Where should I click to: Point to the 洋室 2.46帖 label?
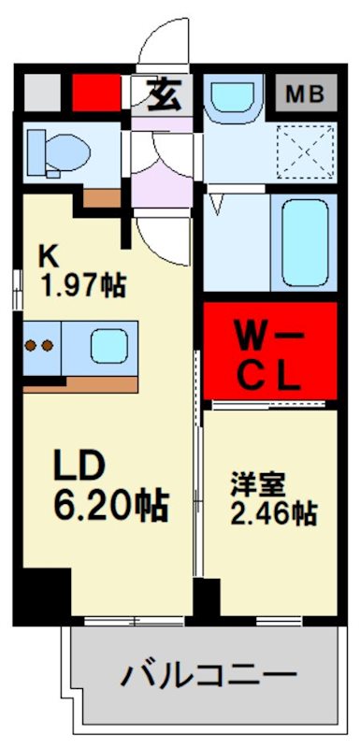pyautogui.click(x=272, y=499)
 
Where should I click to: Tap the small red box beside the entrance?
pyautogui.click(x=96, y=93)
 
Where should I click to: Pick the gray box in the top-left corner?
pyautogui.click(x=40, y=93)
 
